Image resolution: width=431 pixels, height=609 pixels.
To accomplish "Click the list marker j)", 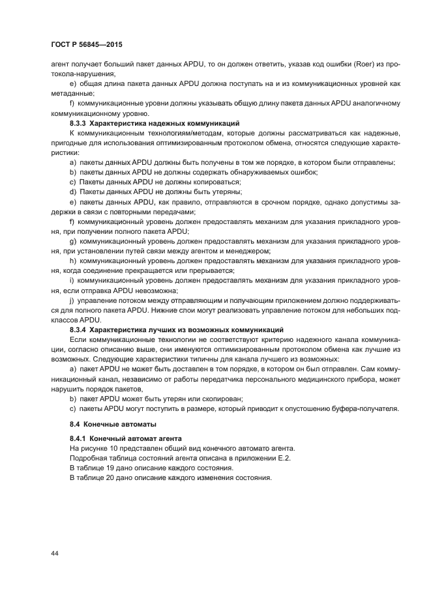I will pyautogui.click(x=70, y=302).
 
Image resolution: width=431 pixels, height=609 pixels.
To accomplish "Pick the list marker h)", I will pyautogui.click(x=71, y=260).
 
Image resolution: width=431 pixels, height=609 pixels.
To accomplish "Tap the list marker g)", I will pyautogui.click(x=71, y=240).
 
